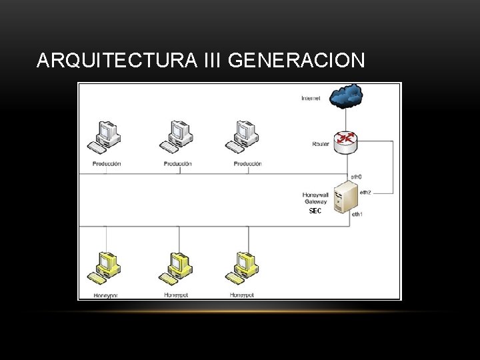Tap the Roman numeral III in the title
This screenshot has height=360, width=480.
click(211, 61)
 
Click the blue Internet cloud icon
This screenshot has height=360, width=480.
click(347, 96)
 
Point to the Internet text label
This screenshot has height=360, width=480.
click(311, 99)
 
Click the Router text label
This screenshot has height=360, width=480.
click(320, 144)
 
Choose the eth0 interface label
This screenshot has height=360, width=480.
click(356, 176)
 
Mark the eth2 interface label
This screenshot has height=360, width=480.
click(365, 192)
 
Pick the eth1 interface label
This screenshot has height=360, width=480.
click(357, 214)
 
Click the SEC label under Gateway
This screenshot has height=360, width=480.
click(315, 211)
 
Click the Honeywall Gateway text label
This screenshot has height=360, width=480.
click(315, 198)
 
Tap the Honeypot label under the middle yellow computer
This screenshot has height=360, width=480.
click(177, 295)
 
